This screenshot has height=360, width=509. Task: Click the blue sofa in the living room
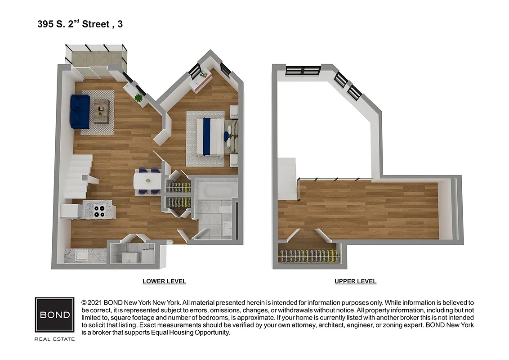click(80, 112)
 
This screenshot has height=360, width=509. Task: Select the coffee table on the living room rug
click(101, 112)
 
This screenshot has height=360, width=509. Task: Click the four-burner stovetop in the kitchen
click(99, 211)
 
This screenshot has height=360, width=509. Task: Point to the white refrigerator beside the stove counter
click(71, 211)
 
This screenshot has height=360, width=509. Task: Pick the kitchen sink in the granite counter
click(81, 256)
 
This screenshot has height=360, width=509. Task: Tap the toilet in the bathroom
click(224, 210)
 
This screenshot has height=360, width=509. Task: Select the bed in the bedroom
click(211, 136)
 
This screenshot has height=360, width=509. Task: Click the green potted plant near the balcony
click(138, 98)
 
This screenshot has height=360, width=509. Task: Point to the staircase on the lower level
click(79, 176)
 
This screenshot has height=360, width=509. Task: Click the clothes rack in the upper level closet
click(308, 256)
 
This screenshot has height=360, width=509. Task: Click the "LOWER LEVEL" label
click(164, 281)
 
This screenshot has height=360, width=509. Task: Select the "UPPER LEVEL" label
click(355, 281)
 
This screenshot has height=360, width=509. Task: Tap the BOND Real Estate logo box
click(54, 315)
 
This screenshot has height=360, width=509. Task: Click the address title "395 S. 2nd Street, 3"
click(80, 24)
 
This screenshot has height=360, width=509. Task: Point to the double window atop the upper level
click(303, 70)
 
